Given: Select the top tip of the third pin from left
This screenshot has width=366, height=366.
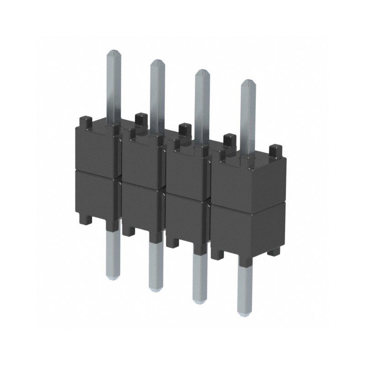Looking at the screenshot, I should pyautogui.click(x=201, y=71).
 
